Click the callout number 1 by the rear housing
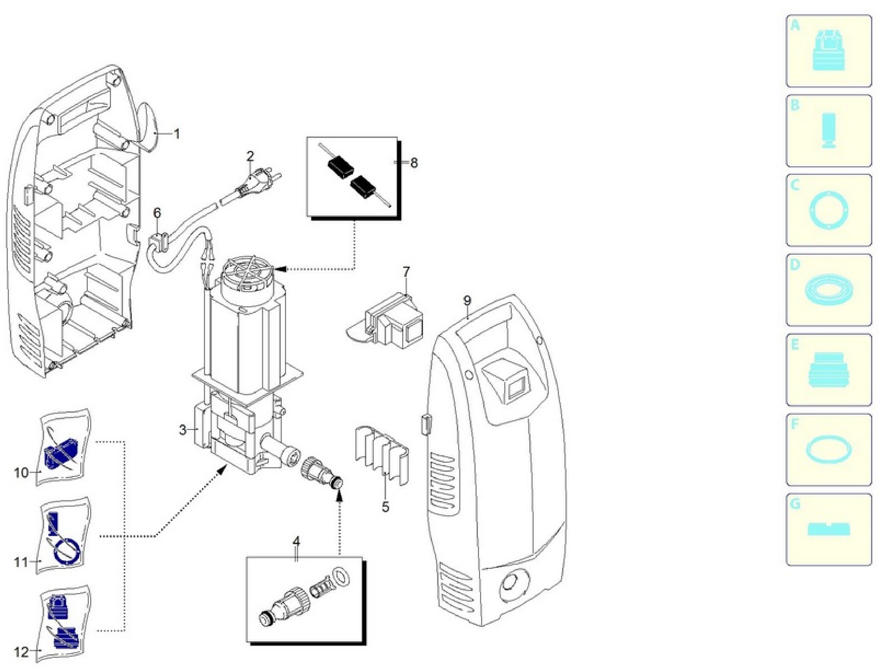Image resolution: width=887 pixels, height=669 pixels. click(x=176, y=134)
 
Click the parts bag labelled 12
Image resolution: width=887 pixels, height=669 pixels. click(x=64, y=625)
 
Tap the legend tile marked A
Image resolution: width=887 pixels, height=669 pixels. click(x=829, y=51)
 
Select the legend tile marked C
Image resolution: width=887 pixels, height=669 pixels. click(x=829, y=210)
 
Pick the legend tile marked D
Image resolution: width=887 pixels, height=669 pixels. click(x=829, y=290)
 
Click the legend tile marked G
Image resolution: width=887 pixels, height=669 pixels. click(x=829, y=530)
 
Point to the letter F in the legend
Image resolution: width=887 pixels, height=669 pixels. click(x=794, y=424)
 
